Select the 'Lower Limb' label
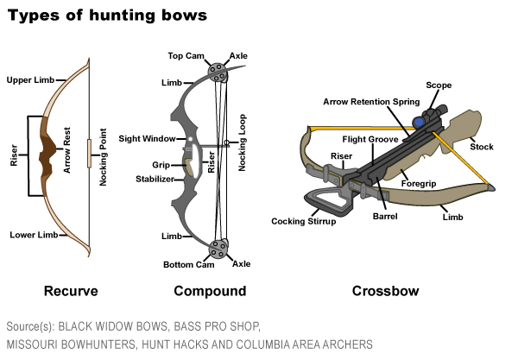[33, 235]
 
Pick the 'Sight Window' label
[147, 138]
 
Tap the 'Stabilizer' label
[153, 179]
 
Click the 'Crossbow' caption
[385, 291]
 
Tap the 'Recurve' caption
[71, 291]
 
